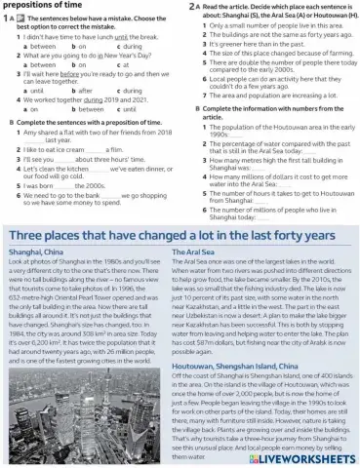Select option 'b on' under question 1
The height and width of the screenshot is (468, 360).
pyautogui.click(x=80, y=46)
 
